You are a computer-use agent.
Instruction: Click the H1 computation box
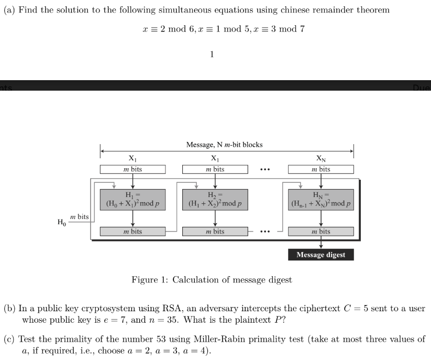coord(132,200)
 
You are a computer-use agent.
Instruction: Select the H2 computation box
coord(215,200)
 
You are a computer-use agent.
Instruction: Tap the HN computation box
coord(321,200)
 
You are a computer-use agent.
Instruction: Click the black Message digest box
coord(321,255)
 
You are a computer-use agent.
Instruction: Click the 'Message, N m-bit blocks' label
coord(224,144)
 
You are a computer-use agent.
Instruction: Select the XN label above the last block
coord(321,158)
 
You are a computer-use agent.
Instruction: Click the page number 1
coord(212,54)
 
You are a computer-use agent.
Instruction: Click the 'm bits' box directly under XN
coord(321,169)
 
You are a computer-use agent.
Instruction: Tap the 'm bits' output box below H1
coord(132,231)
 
